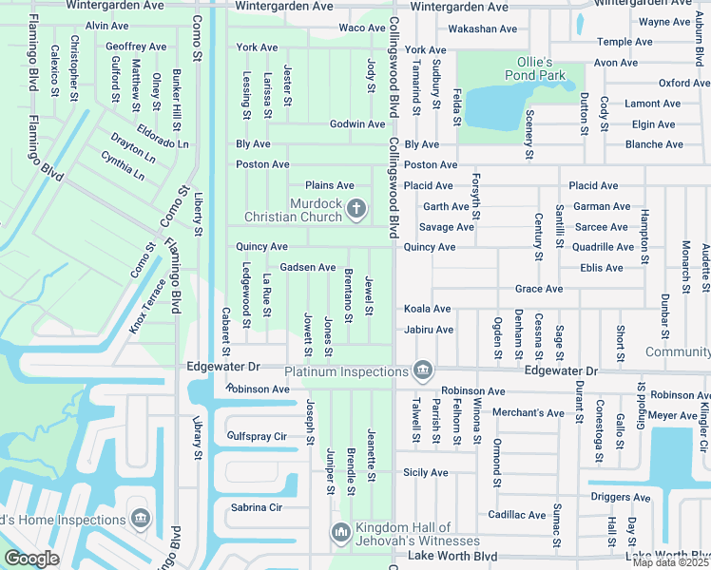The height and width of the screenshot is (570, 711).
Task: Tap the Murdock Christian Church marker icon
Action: pyautogui.click(x=356, y=208)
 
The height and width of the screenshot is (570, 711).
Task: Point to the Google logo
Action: pyautogui.click(x=30, y=559)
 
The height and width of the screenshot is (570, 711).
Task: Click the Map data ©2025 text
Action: pyautogui.click(x=670, y=562)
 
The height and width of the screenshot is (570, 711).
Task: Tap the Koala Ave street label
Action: pyautogui.click(x=427, y=309)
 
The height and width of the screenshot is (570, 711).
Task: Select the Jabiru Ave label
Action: pyautogui.click(x=428, y=330)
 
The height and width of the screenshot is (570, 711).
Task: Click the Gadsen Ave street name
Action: pyautogui.click(x=307, y=268)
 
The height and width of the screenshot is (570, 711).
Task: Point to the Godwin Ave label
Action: pyautogui.click(x=357, y=124)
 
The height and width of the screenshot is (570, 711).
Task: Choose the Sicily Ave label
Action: pyautogui.click(x=425, y=472)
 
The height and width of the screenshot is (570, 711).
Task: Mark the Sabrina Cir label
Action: pyautogui.click(x=255, y=507)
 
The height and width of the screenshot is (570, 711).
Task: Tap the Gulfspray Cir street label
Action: pyautogui.click(x=257, y=436)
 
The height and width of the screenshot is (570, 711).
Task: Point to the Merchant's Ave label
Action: pyautogui.click(x=528, y=412)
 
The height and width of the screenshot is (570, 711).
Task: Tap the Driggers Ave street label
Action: pyautogui.click(x=620, y=497)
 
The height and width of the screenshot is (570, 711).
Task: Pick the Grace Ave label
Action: pyautogui.click(x=538, y=289)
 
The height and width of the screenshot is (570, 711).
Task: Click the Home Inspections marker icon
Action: pyautogui.click(x=141, y=519)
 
